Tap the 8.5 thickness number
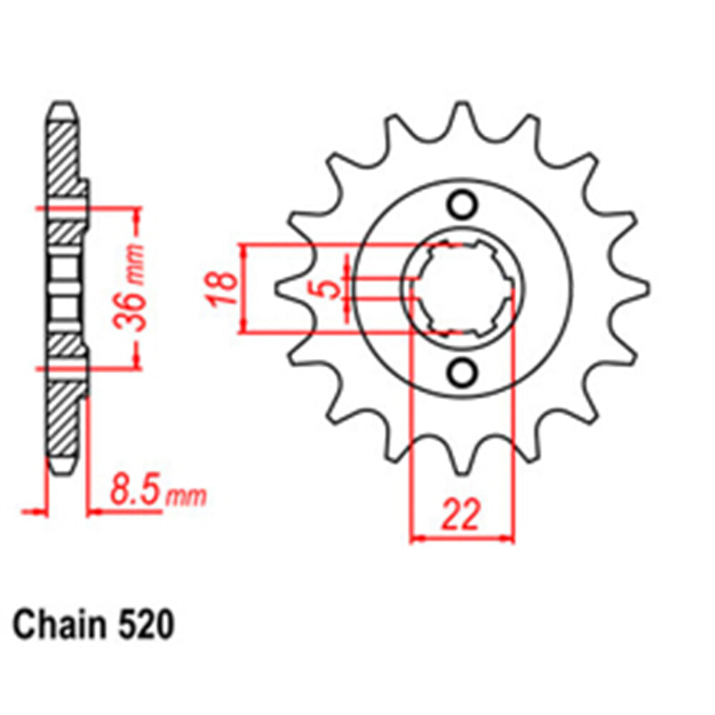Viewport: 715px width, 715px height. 136,493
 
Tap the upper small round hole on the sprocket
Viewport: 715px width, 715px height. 463,205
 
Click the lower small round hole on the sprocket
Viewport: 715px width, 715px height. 463,372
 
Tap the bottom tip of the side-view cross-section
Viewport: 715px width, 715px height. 61,468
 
